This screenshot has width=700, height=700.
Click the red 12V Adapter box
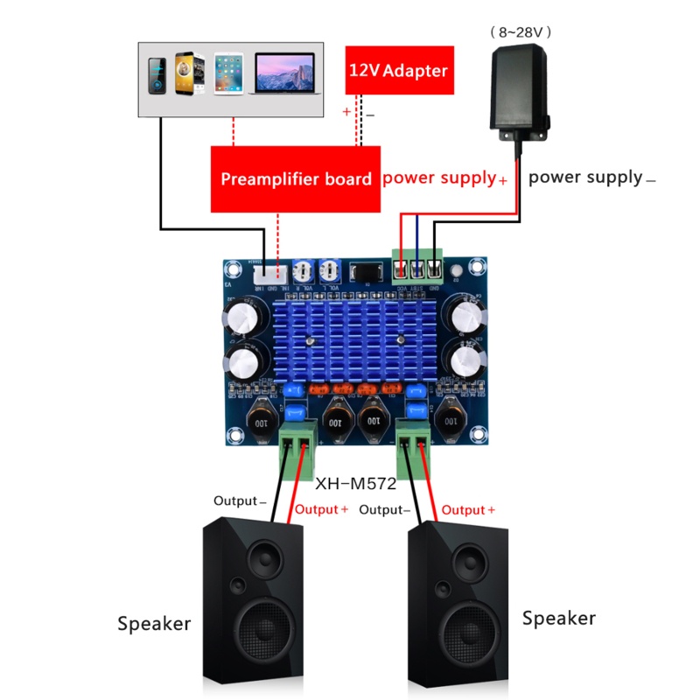coord(399,70)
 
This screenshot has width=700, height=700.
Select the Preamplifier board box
coord(296,179)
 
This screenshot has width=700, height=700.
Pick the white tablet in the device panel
coord(227,73)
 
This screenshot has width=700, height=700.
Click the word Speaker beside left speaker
coord(154,624)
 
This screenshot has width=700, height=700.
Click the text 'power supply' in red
coord(438,178)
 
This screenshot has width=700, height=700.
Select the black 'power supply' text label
coord(585,178)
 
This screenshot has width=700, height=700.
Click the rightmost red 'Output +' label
coord(468,509)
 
